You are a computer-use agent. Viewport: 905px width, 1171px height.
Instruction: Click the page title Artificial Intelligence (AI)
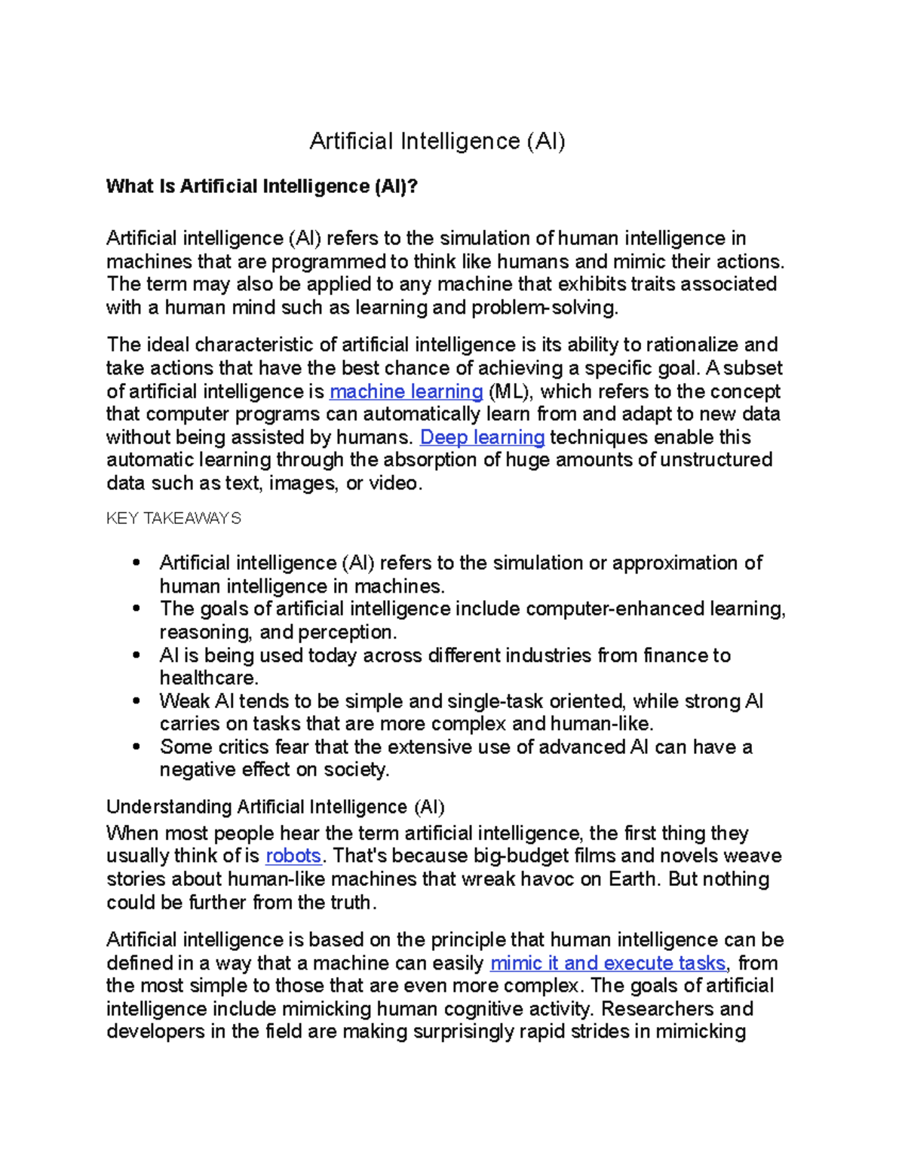pos(437,141)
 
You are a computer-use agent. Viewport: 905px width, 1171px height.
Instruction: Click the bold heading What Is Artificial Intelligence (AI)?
pos(262,186)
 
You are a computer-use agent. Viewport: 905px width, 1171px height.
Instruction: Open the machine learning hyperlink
pos(406,391)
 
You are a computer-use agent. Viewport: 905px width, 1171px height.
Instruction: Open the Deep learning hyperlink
pos(482,437)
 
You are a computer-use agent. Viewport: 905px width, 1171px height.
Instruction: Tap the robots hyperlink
pos(293,856)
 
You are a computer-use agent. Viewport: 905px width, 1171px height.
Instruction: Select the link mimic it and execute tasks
pos(608,963)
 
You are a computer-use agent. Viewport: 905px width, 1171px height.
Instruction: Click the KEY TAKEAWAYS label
pos(173,519)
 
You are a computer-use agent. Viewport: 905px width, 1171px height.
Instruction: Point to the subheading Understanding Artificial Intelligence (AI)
pos(275,807)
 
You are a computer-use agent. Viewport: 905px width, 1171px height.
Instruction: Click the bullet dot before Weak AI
pos(137,701)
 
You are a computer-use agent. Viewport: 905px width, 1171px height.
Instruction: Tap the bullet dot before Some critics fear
pos(137,747)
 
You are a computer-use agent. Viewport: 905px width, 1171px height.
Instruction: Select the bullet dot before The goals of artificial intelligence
pos(137,609)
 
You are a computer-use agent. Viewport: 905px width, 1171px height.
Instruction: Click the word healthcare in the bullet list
pos(208,678)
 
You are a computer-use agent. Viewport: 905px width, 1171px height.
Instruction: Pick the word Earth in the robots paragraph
pos(633,879)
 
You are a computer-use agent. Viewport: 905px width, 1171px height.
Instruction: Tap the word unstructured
pos(716,460)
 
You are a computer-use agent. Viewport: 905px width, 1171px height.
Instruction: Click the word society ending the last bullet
pos(356,770)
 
